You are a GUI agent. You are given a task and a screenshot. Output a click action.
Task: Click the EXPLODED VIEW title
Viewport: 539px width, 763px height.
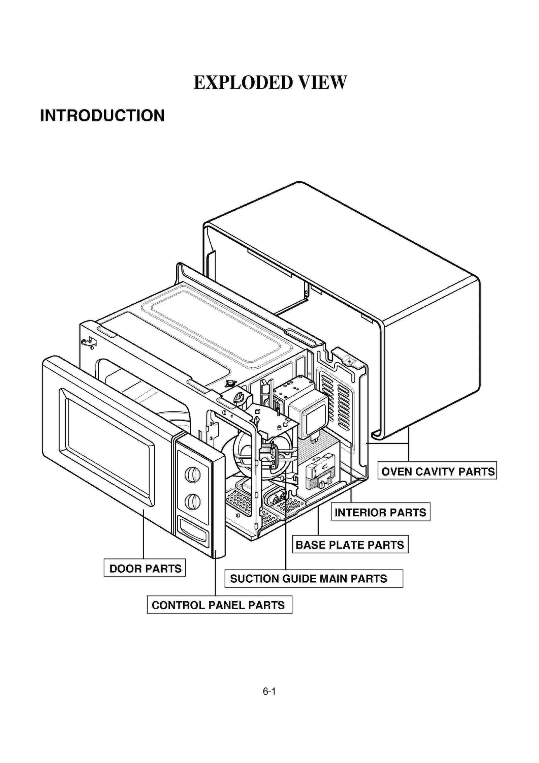tap(270, 83)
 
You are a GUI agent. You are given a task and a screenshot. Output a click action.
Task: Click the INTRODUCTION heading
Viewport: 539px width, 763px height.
tap(102, 116)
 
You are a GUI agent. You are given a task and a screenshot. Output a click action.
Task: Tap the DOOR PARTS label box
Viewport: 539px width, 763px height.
tap(145, 569)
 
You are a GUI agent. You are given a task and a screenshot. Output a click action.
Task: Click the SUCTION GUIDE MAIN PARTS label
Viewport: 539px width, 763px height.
tap(313, 579)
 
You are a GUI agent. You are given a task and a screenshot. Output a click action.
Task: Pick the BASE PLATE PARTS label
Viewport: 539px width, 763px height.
tap(350, 545)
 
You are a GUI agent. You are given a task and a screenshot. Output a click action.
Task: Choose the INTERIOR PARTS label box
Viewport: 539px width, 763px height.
tap(380, 513)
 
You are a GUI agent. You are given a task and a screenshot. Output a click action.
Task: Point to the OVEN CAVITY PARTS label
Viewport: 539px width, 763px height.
tap(437, 471)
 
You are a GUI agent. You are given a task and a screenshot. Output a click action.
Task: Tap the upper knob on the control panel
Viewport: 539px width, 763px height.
tap(193, 475)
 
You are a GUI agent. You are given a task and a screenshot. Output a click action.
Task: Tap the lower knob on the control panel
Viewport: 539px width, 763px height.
tap(193, 502)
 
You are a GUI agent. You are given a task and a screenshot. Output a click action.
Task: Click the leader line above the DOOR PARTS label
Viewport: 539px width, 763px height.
tap(144, 536)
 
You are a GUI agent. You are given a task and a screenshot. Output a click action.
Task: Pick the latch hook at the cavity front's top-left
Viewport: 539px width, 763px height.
tap(89, 343)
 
